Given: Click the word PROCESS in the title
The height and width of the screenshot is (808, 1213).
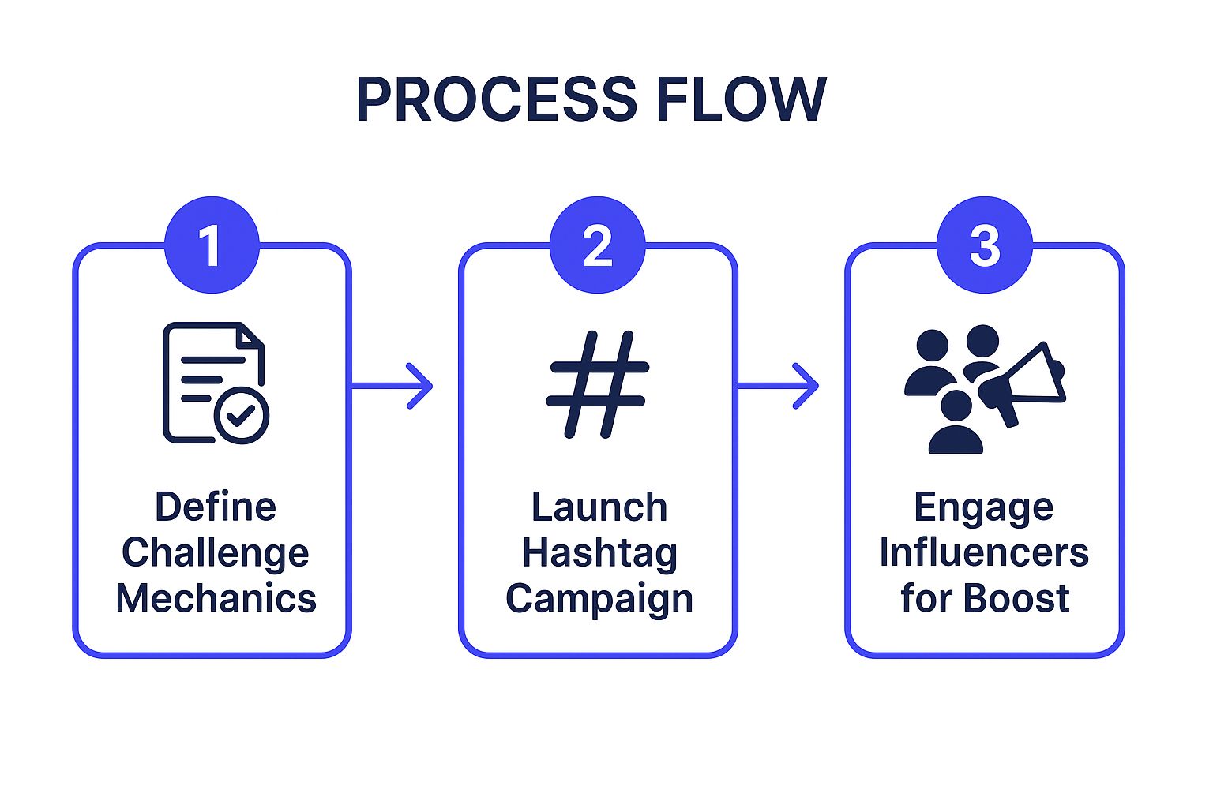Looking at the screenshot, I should click(x=496, y=99).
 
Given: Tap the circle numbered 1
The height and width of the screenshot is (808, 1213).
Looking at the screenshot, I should click(x=212, y=245).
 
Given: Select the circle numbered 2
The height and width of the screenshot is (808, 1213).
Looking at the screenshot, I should click(x=597, y=245).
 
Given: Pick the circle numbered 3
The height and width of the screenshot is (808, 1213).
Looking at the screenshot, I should click(x=984, y=245).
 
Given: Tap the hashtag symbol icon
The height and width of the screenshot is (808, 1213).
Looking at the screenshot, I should click(x=598, y=384).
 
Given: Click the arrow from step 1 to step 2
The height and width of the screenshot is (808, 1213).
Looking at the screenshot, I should click(x=392, y=386).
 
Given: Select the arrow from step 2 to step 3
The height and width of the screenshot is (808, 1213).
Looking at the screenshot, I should click(x=778, y=386).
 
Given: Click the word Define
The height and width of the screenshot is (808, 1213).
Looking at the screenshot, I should click(x=216, y=507).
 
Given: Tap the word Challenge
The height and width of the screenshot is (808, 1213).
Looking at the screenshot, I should click(x=215, y=553).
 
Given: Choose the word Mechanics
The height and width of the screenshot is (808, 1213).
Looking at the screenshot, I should click(x=216, y=598).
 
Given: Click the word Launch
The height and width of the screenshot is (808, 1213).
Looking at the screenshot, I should click(x=599, y=507).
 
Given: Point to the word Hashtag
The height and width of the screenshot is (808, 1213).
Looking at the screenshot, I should click(x=599, y=553).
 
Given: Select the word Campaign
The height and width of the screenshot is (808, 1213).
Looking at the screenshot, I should click(x=599, y=599).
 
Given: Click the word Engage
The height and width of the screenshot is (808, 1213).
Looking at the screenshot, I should click(x=983, y=507).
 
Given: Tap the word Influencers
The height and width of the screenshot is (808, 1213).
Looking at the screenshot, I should click(x=984, y=552).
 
